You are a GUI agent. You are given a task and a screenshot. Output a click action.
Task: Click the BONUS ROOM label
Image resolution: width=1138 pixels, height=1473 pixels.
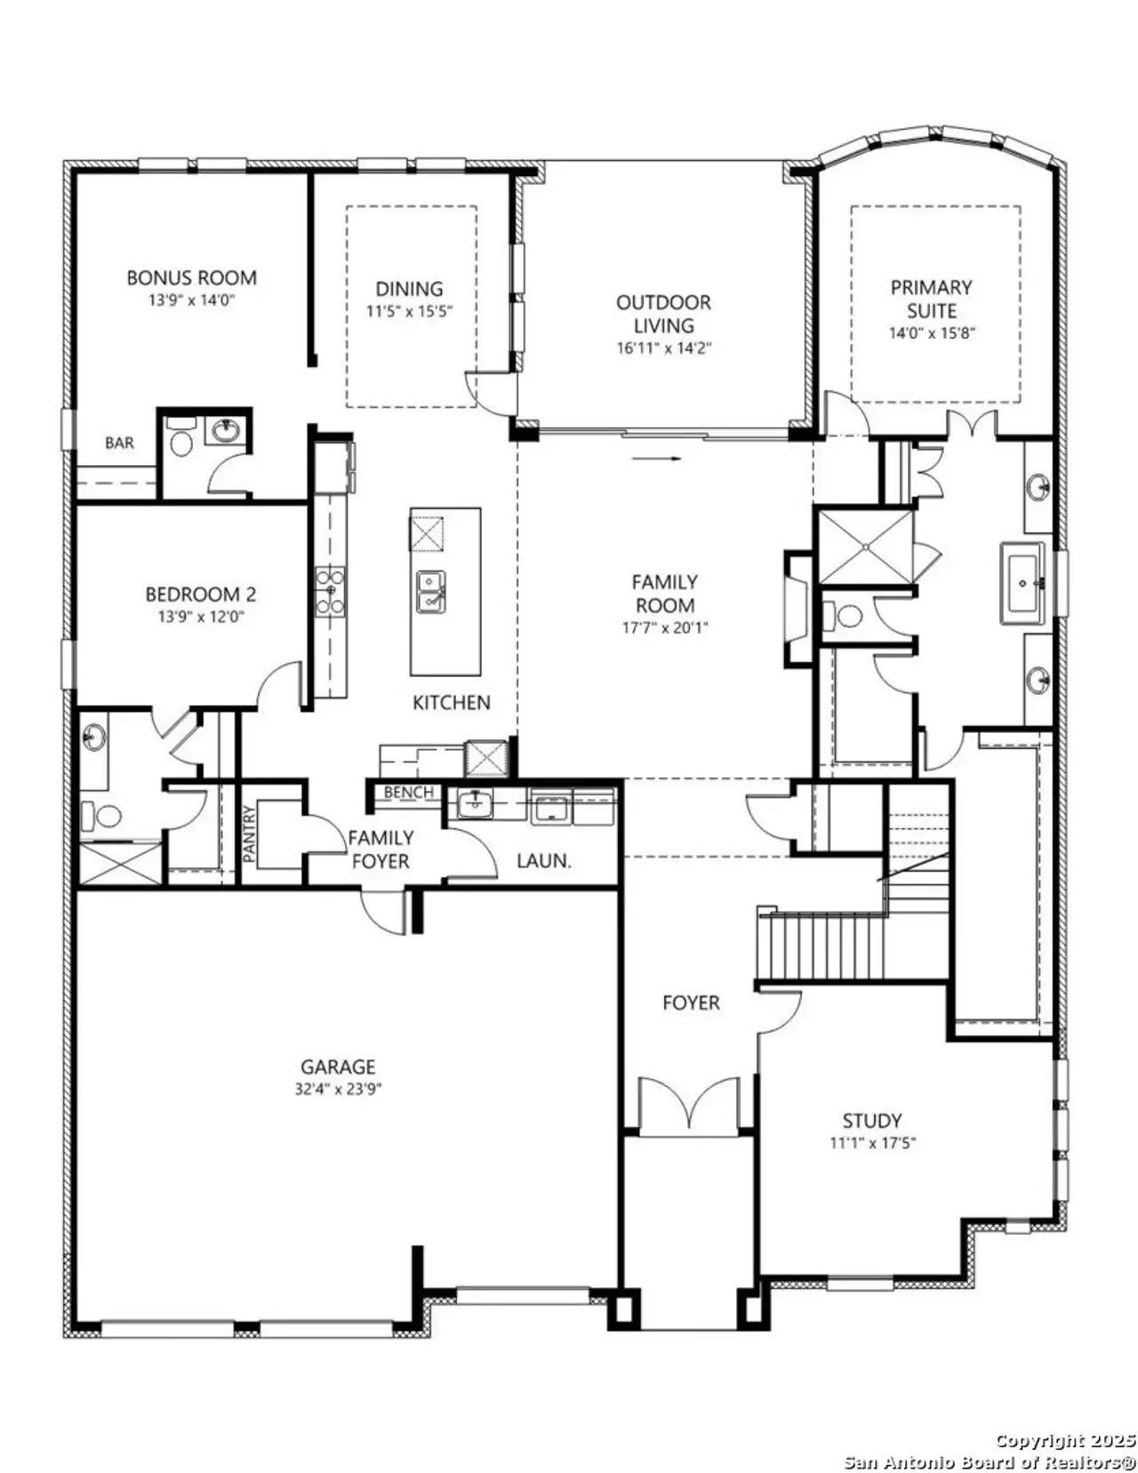(x=191, y=278)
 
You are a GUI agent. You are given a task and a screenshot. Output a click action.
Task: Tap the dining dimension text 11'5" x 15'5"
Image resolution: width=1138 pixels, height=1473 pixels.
(x=409, y=312)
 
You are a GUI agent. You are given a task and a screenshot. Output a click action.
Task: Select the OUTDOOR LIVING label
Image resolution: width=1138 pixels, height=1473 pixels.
(x=663, y=313)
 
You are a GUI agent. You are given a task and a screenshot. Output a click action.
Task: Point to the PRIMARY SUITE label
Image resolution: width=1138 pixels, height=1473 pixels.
(x=931, y=299)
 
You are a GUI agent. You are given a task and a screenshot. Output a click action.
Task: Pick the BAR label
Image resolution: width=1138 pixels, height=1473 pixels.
(x=119, y=442)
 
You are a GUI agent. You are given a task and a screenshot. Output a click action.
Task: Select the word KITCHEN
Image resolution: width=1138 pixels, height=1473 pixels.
(x=451, y=703)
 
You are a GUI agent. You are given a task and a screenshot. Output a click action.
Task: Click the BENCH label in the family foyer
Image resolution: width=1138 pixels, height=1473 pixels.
(x=409, y=792)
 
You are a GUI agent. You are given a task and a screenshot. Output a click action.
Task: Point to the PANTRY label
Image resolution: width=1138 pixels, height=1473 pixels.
(x=250, y=833)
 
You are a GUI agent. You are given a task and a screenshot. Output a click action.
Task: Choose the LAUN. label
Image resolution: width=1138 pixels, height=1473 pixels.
(x=543, y=861)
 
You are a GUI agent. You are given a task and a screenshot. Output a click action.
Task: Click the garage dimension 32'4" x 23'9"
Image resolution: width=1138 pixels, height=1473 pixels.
(x=338, y=1089)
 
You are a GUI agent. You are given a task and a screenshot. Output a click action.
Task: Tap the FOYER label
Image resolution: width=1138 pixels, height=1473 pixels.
(x=691, y=1002)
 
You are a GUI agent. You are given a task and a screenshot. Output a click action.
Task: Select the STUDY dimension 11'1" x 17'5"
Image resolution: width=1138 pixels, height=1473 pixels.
(x=872, y=1143)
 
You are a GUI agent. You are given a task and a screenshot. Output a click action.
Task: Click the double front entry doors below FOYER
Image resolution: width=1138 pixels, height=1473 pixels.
(x=689, y=1106)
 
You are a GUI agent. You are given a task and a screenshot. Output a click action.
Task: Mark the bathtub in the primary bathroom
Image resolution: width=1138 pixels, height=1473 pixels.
(x=1023, y=584)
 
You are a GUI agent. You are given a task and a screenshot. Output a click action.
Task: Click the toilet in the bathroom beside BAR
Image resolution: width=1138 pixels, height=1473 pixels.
(x=180, y=442)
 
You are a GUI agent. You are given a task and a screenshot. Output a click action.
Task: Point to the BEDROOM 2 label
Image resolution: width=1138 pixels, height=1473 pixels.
(x=200, y=594)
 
